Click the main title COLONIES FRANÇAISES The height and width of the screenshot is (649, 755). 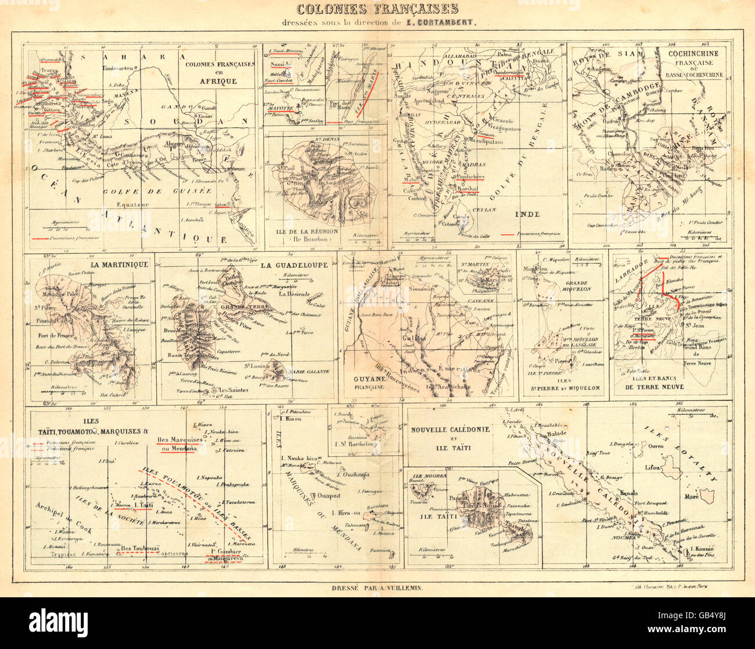[377, 9]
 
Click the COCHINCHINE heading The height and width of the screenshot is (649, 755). [694, 53]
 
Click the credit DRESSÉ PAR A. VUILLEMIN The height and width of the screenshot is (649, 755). [377, 589]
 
